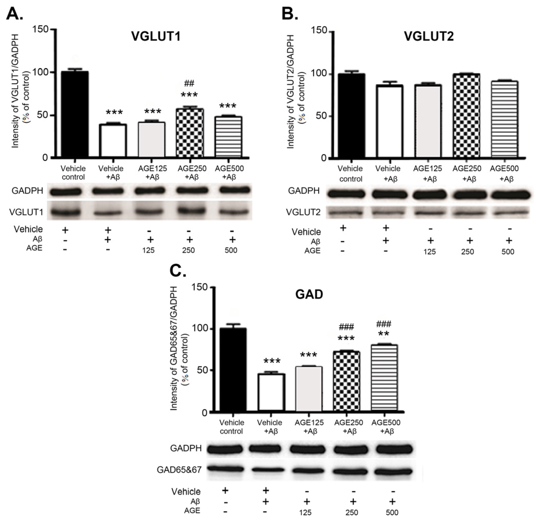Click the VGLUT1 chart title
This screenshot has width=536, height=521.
click(x=156, y=36)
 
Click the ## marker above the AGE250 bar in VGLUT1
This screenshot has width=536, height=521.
click(x=189, y=83)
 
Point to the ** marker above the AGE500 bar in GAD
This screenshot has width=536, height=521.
click(x=384, y=334)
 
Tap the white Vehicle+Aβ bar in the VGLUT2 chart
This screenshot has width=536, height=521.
click(x=389, y=122)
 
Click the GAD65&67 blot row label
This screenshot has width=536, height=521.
click(x=179, y=470)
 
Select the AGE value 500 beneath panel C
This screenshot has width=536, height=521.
click(x=392, y=512)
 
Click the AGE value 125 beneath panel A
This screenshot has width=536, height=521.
click(x=148, y=250)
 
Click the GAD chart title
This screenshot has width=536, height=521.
click(x=309, y=295)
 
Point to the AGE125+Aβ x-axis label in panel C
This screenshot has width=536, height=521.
click(x=309, y=427)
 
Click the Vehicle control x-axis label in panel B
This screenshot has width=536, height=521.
click(x=351, y=174)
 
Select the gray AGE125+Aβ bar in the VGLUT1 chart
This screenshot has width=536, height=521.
click(x=151, y=140)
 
